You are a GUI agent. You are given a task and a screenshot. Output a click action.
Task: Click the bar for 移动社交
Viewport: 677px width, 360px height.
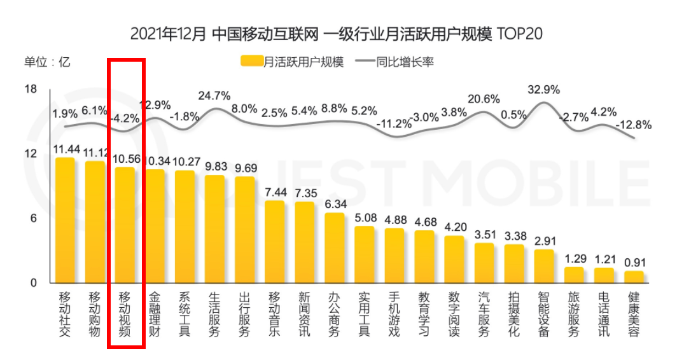click(65, 219)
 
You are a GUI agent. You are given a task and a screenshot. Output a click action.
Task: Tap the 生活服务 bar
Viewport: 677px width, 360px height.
click(214, 228)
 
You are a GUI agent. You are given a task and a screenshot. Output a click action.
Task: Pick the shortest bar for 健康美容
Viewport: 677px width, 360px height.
click(634, 277)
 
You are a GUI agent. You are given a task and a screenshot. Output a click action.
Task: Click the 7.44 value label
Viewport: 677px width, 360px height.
click(275, 193)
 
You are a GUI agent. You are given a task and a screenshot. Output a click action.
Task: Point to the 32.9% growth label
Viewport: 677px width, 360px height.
click(544, 90)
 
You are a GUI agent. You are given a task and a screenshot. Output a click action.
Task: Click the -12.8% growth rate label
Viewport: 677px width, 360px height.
click(634, 125)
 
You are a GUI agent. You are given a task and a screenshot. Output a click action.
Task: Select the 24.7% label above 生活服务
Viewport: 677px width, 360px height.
click(214, 96)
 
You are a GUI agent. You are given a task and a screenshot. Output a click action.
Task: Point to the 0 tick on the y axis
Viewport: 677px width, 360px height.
click(34, 282)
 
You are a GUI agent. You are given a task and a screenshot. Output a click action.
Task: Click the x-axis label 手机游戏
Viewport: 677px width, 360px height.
click(394, 314)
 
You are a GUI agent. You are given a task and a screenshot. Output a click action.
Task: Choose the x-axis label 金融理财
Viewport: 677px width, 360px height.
click(155, 314)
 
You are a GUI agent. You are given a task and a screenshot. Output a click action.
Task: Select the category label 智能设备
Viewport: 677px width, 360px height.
click(544, 314)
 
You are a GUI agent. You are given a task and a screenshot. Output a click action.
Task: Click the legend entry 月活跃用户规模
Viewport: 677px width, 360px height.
click(293, 62)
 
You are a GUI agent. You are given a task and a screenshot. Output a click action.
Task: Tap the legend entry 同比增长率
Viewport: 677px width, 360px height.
click(394, 62)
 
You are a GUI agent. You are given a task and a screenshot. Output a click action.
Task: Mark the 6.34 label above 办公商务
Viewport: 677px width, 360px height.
click(335, 205)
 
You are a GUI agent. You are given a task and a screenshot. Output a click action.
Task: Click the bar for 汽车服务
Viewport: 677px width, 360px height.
click(484, 263)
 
